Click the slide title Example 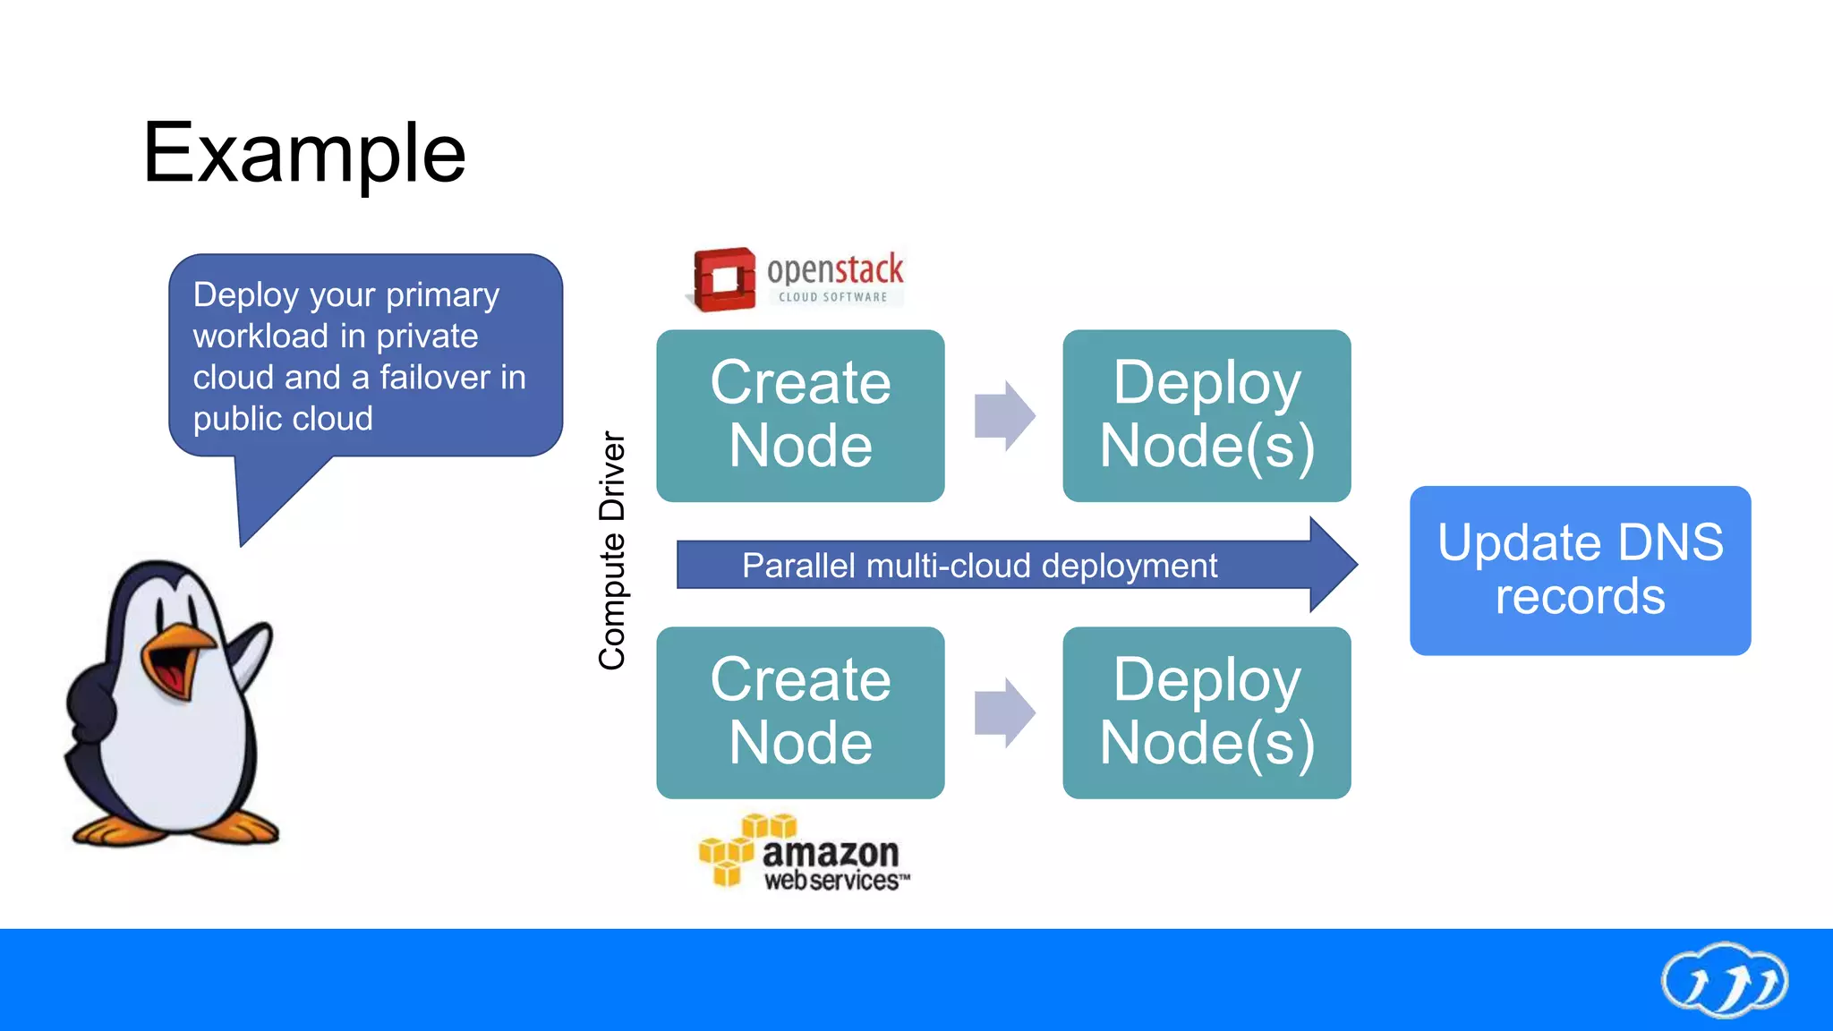coord(304,154)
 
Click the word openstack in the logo coord(835,268)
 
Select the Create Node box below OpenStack coord(800,415)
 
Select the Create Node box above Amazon coord(800,712)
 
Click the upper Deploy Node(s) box coord(1206,415)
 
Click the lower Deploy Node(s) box coord(1206,712)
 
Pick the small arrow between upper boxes coord(1004,415)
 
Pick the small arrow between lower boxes coord(1004,712)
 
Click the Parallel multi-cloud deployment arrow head coord(1334,565)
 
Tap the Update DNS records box coord(1580,570)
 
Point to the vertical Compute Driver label coord(612,550)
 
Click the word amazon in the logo coord(830,852)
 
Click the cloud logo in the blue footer coord(1724,981)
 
